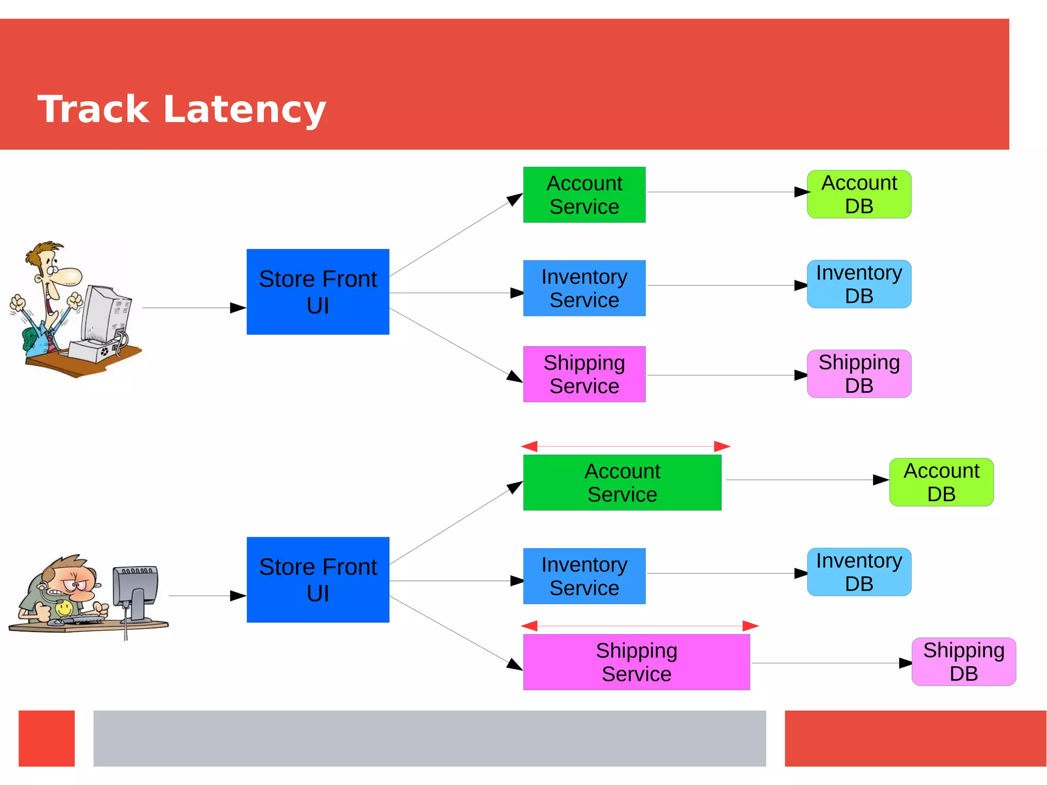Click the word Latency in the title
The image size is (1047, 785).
[244, 110]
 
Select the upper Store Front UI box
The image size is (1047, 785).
[317, 292]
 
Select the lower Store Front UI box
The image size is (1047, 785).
[317, 579]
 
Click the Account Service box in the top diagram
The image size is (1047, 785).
[584, 195]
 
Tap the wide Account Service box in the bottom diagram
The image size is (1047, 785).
[622, 482]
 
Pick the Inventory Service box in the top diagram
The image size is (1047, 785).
[584, 288]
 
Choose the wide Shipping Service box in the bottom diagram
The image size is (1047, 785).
[636, 662]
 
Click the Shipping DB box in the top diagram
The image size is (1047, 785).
[859, 374]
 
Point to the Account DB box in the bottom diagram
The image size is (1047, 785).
[941, 482]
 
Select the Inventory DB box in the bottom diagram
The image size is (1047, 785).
[859, 572]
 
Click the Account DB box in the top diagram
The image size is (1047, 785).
[859, 194]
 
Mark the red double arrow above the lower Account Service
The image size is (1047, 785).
[625, 446]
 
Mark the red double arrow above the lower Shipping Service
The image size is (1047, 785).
[639, 625]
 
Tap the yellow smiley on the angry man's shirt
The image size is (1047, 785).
[64, 608]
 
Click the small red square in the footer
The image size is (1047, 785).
[47, 738]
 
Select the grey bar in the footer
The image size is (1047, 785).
[429, 738]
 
